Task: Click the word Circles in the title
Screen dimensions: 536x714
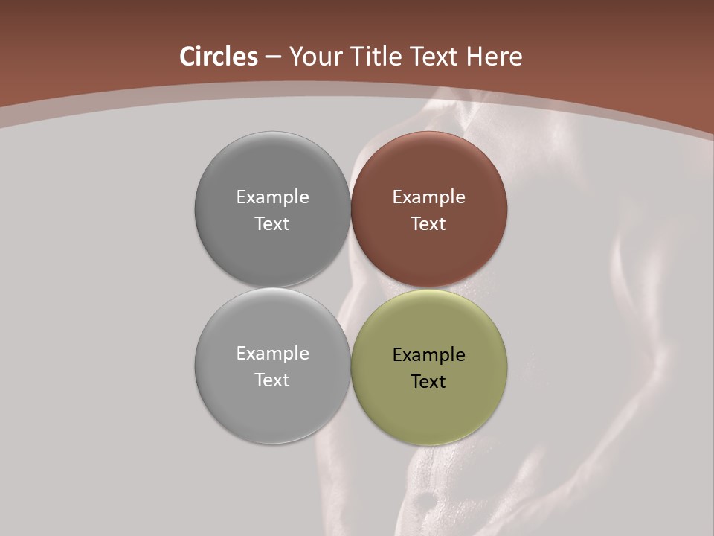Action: click(x=219, y=57)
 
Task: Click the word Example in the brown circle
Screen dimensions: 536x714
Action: click(x=428, y=197)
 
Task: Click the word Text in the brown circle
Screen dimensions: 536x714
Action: click(x=428, y=224)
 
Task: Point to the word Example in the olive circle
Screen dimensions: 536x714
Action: click(x=428, y=355)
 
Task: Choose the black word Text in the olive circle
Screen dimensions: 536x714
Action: click(x=428, y=382)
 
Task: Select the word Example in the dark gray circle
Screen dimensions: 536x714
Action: click(x=272, y=197)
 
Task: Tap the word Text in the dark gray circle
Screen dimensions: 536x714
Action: click(x=272, y=224)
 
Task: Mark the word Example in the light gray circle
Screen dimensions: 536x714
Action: click(x=272, y=354)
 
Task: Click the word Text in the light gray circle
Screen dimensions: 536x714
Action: click(x=272, y=380)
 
